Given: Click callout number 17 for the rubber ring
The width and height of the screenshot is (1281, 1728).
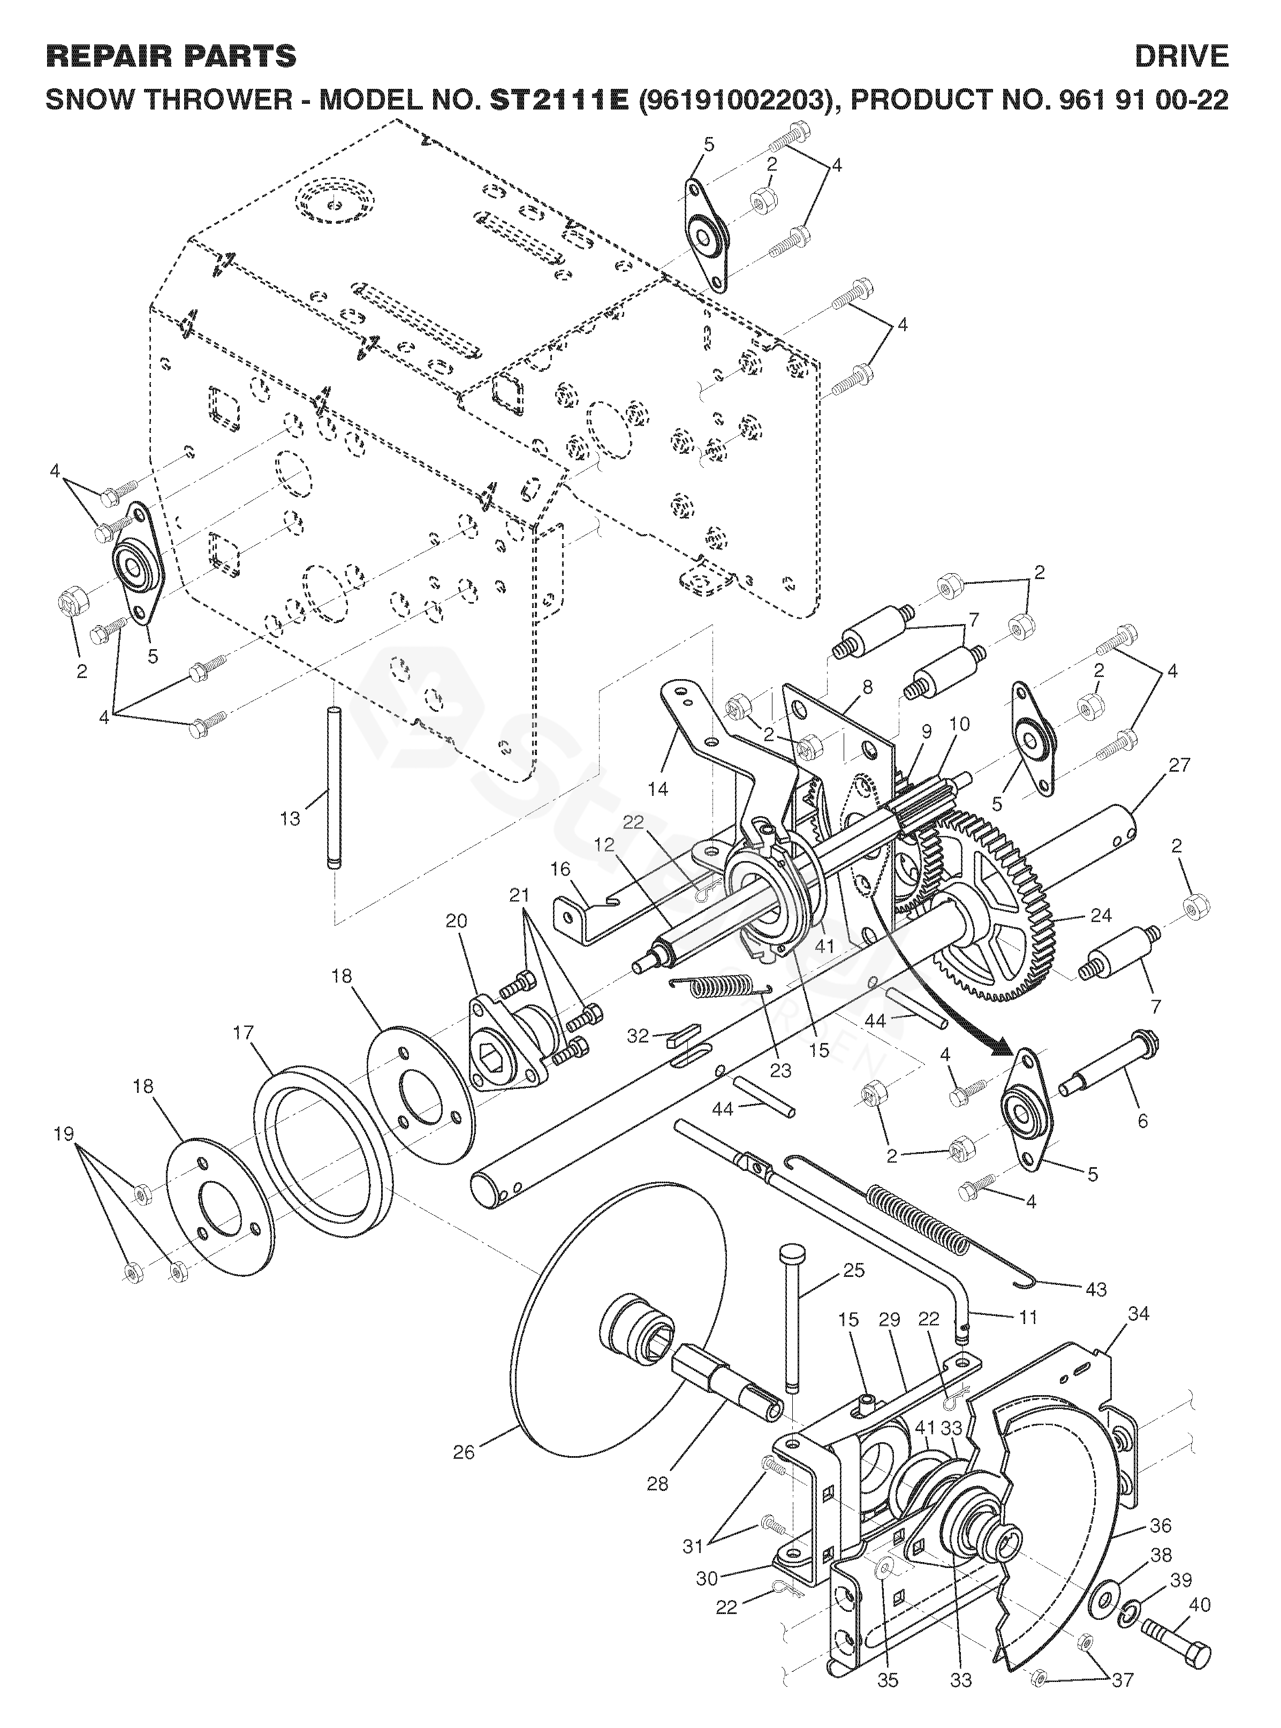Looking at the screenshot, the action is [x=242, y=1033].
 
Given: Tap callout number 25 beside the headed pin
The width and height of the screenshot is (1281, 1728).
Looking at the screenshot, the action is [x=854, y=1270].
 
